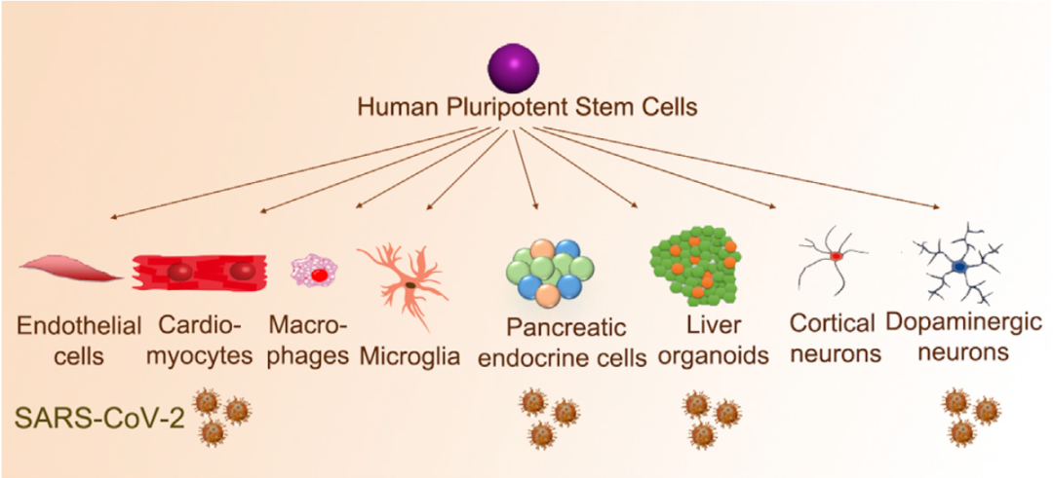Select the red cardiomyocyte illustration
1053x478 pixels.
click(x=200, y=272)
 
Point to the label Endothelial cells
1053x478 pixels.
click(x=78, y=337)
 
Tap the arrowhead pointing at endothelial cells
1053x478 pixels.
click(x=111, y=216)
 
